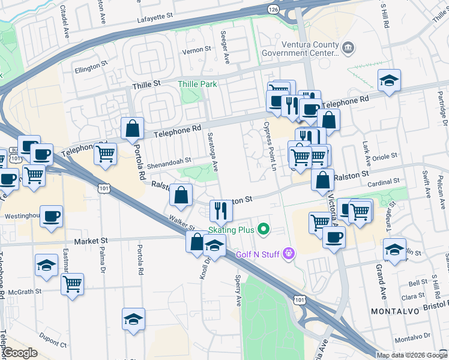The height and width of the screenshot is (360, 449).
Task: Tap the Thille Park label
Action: (x=197, y=84)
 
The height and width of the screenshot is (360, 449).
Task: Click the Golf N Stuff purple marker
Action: (x=289, y=254)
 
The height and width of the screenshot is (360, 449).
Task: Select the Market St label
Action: (x=90, y=241)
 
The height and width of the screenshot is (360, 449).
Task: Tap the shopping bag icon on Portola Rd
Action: (x=132, y=128)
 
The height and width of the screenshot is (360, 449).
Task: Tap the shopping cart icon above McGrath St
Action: (x=72, y=283)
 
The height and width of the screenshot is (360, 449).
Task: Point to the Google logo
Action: (x=19, y=353)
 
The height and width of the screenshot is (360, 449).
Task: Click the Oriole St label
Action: (x=386, y=157)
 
